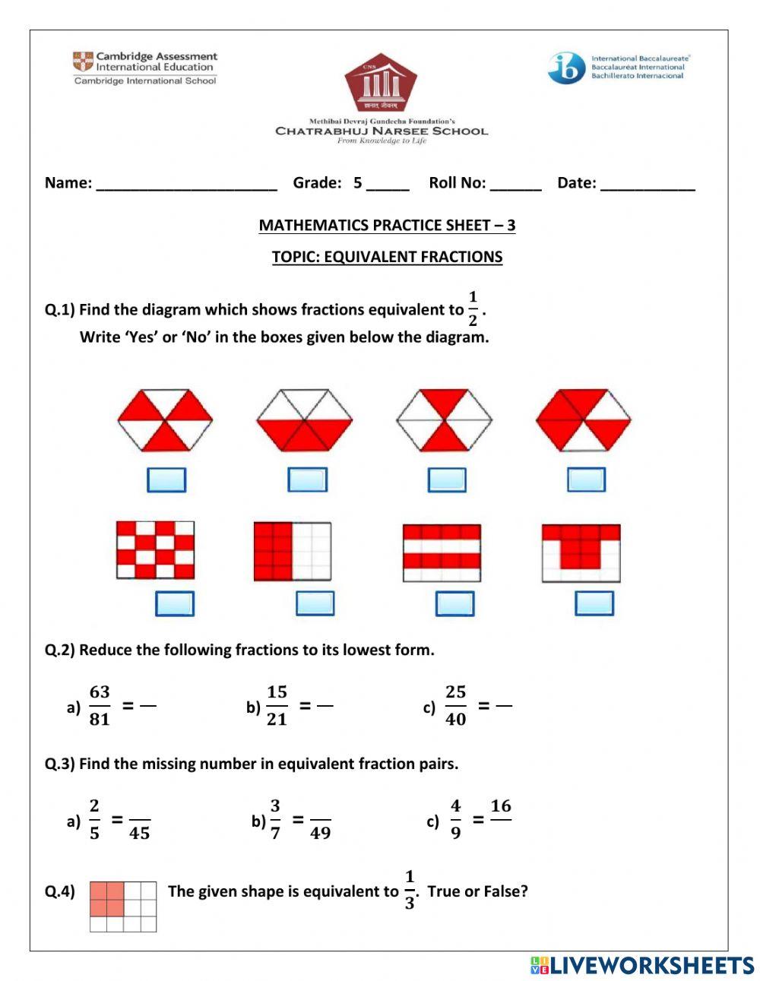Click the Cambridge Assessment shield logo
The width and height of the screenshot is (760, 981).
pos(83,62)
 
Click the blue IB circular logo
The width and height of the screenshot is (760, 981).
pos(566,68)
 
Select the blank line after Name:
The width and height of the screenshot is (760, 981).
pos(186,184)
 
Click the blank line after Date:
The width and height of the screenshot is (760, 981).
pos(648,184)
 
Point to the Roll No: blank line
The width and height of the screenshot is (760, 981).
pos(515,184)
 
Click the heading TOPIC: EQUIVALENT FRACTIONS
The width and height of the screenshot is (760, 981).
pos(387,257)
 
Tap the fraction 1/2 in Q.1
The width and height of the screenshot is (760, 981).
pos(473,309)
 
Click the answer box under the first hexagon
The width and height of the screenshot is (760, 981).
pos(166,479)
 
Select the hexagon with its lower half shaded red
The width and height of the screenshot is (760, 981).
pos(304,420)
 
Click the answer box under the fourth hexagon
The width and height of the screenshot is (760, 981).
pos(587,479)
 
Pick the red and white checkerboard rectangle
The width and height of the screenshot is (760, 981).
pos(155,549)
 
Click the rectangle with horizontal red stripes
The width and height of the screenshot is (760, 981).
pos(442,552)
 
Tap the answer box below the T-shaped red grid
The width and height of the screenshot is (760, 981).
pos(594,603)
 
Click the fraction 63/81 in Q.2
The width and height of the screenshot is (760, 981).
pos(100,705)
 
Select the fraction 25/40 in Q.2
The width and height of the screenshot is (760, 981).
pos(455,705)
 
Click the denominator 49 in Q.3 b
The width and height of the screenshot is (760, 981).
pos(320,834)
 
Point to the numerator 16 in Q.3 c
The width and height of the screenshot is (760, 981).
pos(501,806)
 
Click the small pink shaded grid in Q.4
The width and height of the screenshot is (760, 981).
pos(123,906)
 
